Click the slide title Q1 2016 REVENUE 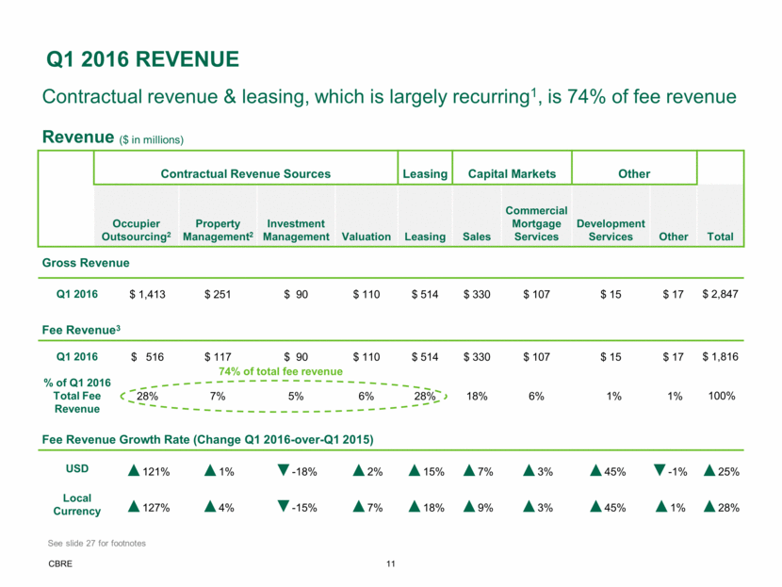tap(142, 61)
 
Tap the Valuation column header tap(367, 237)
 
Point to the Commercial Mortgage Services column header tap(536, 223)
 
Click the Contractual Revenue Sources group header tap(246, 174)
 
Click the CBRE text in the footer tap(57, 565)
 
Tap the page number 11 tap(390, 565)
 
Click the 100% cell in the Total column tap(720, 396)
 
